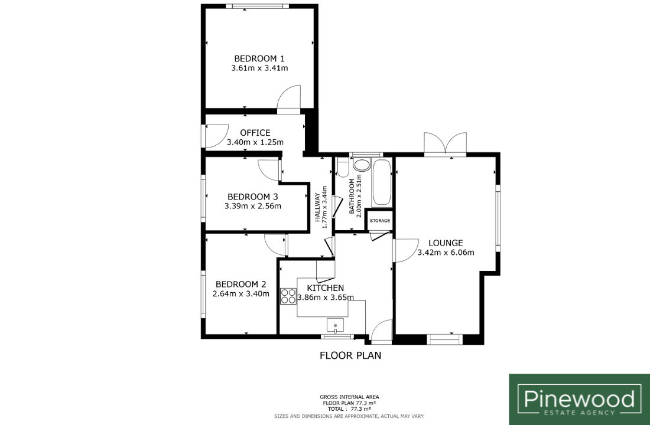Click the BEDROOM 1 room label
(x=259, y=58)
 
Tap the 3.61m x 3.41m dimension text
(x=259, y=68)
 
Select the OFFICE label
(x=255, y=133)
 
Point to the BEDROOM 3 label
(x=253, y=197)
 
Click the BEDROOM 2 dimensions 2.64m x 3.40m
(x=241, y=294)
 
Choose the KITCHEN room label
(x=326, y=288)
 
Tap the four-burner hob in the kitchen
(x=288, y=296)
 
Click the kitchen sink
(x=336, y=325)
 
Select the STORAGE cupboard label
(x=380, y=221)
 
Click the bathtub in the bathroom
(x=382, y=182)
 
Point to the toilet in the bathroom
(x=343, y=168)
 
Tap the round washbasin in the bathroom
(x=362, y=165)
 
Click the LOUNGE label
(x=446, y=243)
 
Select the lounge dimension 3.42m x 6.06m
(x=446, y=253)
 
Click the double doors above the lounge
(x=445, y=144)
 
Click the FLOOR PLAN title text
(x=350, y=355)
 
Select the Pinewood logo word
(x=579, y=398)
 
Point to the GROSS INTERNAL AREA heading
(x=349, y=397)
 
